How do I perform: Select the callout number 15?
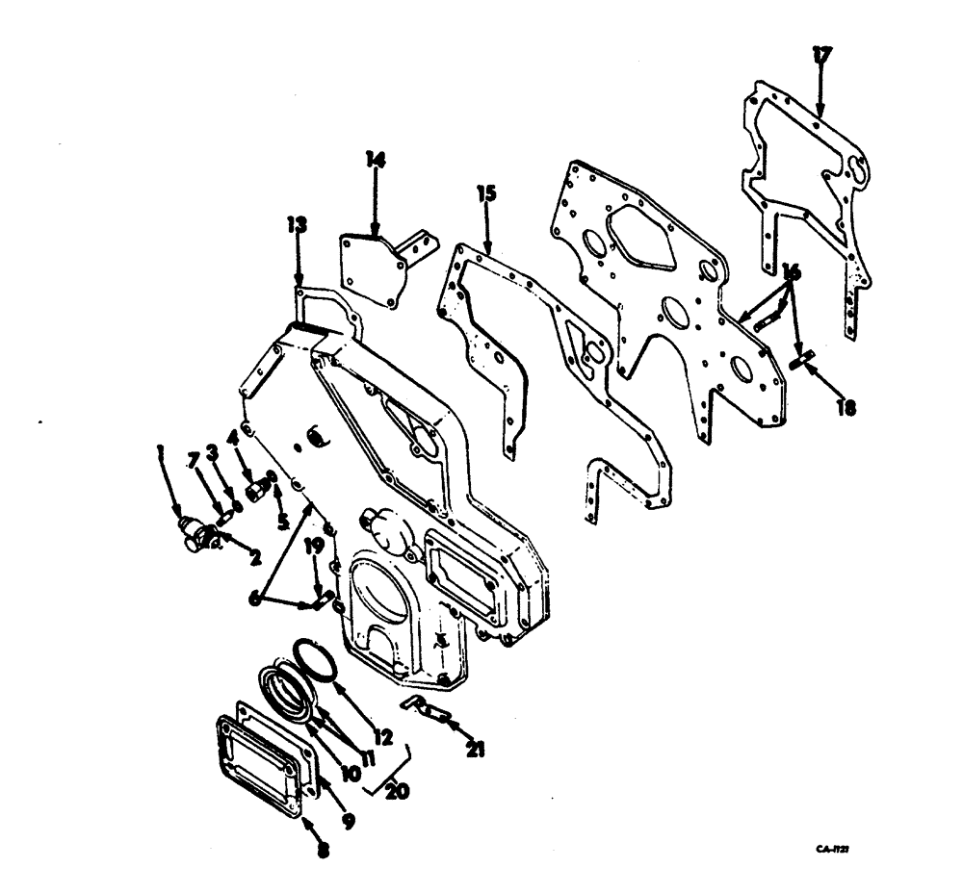coord(485,194)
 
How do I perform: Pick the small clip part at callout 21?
coord(424,709)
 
